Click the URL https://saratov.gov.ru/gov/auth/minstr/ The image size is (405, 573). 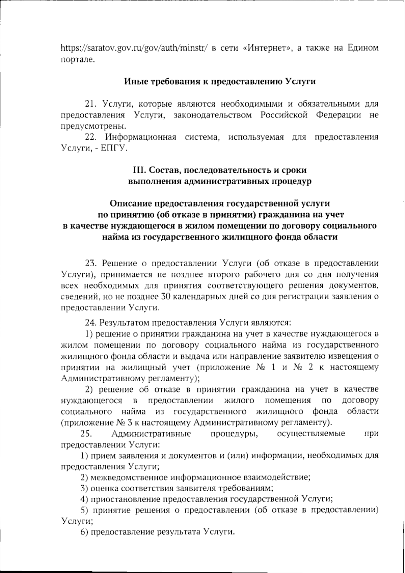134,49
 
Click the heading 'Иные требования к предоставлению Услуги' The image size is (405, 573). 220,82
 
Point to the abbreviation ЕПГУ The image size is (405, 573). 114,148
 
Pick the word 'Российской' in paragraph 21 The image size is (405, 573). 284,115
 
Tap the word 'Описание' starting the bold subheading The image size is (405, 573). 131,203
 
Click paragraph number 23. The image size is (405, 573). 91,264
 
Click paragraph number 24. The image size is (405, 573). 91,323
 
